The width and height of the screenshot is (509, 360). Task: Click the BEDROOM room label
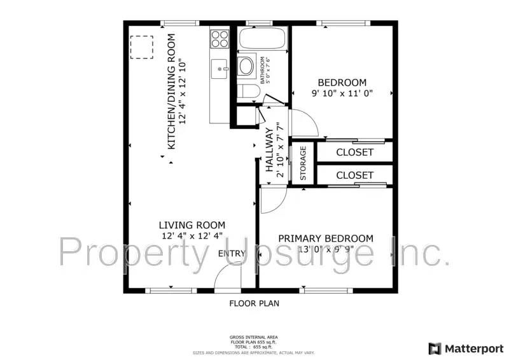click(342, 83)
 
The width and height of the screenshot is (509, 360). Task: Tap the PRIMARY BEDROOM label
click(325, 239)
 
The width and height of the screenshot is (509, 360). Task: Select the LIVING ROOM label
click(192, 225)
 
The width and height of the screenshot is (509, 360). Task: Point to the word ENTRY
click(232, 254)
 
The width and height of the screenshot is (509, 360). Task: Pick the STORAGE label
click(303, 163)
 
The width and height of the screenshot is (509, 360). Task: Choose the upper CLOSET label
click(354, 153)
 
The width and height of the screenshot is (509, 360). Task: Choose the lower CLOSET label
click(354, 175)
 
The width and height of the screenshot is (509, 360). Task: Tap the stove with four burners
click(220, 39)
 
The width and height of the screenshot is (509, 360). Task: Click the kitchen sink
click(220, 66)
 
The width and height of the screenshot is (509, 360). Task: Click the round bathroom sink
click(246, 65)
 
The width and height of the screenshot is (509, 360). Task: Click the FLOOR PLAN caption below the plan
click(254, 303)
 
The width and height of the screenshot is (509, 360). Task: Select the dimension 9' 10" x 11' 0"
click(342, 93)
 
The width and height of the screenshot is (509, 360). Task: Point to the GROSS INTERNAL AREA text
click(253, 337)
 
